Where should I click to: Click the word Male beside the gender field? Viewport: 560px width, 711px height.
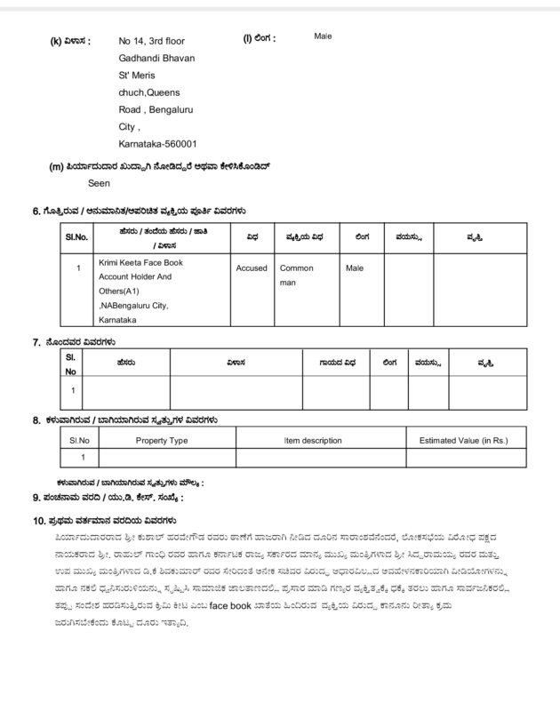323,37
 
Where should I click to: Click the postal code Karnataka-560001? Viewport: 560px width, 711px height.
156,143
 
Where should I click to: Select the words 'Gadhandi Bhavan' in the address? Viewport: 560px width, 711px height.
156,58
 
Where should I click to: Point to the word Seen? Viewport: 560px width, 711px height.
100,184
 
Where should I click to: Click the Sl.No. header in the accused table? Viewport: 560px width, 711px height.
77,237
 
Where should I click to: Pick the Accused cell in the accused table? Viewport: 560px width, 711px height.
252,268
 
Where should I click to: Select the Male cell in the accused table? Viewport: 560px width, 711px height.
355,268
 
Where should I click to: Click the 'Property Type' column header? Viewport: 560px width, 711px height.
161,440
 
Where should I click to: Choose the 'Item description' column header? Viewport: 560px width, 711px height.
312,440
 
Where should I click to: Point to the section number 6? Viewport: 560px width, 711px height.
36,212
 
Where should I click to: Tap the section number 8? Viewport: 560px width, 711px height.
36,419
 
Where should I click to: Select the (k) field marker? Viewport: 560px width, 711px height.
56,42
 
